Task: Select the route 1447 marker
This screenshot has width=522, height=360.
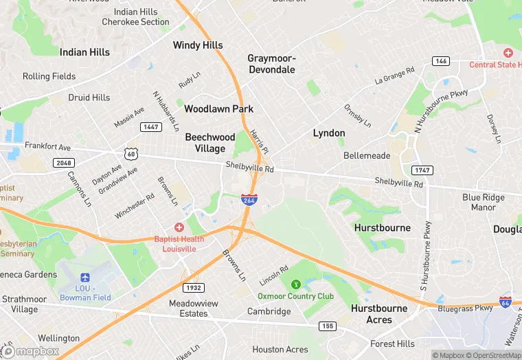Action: coord(150,127)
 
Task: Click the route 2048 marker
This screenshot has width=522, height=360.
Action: coord(63,162)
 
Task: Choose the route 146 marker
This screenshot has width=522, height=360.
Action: coord(441,61)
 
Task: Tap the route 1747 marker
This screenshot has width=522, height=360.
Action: coord(422,170)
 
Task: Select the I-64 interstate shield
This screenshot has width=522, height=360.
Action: coord(506,302)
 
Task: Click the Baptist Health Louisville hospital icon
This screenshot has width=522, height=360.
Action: coord(179,227)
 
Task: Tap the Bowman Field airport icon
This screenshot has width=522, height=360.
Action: coord(86,278)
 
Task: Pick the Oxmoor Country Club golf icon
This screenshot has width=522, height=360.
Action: coord(296,284)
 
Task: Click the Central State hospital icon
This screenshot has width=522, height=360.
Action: coord(508,53)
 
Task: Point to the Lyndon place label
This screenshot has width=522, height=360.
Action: coord(329,133)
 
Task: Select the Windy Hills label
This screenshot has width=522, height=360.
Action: coord(198,45)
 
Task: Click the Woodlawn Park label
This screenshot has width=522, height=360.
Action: coord(218,109)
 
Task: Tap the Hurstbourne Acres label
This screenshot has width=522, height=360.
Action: coord(380,314)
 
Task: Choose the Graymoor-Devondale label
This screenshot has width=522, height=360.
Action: coord(271,64)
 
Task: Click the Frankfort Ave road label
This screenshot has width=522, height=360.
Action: coord(47,146)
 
